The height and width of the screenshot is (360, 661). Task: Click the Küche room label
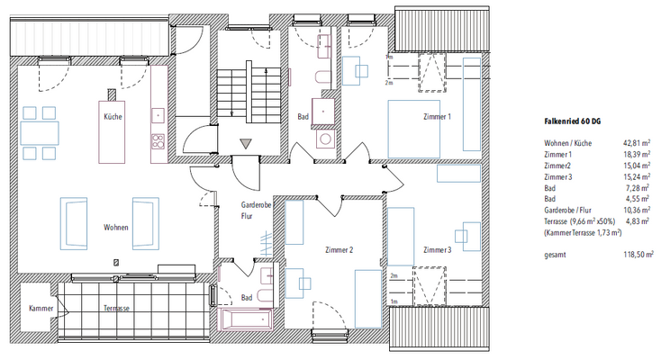[x=113, y=116]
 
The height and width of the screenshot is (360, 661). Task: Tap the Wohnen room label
[x=116, y=227]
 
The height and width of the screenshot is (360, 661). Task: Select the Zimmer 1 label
[x=437, y=116]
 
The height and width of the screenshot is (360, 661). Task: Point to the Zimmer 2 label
[x=339, y=250]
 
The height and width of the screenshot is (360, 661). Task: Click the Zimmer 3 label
[x=437, y=250]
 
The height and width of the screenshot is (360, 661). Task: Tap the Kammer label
[x=41, y=308]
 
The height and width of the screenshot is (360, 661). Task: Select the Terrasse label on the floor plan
[x=116, y=308]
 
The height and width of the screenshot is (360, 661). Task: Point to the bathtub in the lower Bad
[x=245, y=319]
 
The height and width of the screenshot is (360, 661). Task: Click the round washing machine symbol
[x=325, y=139]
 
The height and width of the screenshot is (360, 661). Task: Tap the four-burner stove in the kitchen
[x=158, y=141]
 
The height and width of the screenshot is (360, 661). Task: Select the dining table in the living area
[x=40, y=133]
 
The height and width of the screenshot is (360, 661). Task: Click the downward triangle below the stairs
[x=246, y=144]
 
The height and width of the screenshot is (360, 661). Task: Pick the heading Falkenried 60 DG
[x=573, y=121]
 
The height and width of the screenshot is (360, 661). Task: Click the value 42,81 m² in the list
[x=637, y=143]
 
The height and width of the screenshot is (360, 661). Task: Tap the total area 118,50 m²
[x=638, y=255]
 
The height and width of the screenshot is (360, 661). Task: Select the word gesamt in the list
[x=555, y=255]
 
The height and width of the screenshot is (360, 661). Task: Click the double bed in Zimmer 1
[x=413, y=129]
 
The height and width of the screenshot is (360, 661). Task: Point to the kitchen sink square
[x=158, y=115]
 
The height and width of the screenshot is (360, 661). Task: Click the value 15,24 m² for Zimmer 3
[x=637, y=177]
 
